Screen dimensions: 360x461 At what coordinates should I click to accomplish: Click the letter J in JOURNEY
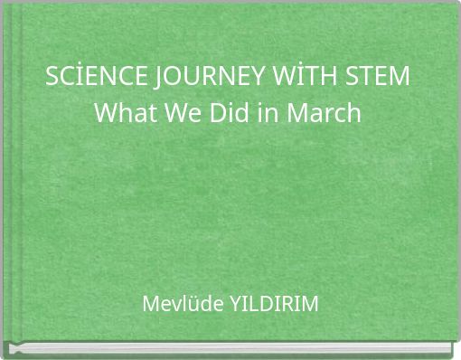pyautogui.click(x=147, y=79)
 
